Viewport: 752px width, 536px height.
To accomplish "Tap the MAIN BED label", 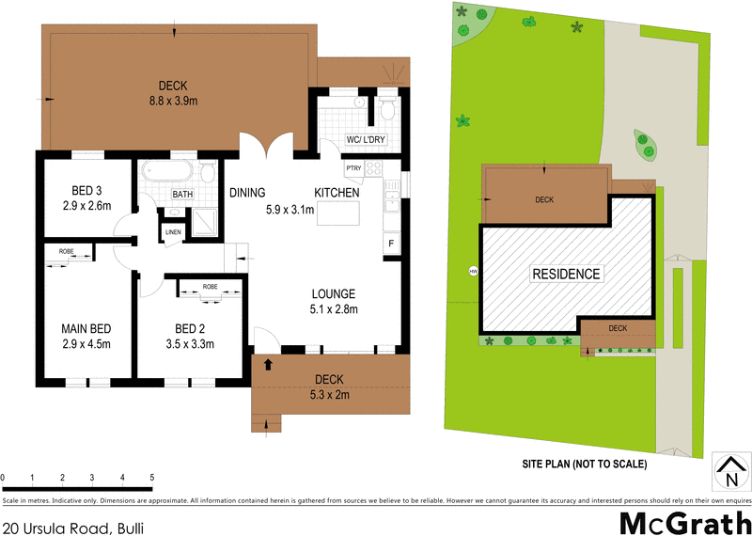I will (86, 328).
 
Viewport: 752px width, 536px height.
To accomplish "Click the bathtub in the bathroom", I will (169, 173).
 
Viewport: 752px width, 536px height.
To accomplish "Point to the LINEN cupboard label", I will (173, 231).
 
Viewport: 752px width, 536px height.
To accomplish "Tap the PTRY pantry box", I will (353, 169).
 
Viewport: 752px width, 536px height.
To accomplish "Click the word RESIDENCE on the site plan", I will (566, 274).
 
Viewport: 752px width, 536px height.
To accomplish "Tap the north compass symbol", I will (729, 470).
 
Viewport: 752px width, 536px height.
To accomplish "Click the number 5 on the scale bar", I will (151, 478).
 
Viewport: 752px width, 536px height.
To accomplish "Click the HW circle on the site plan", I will (473, 273).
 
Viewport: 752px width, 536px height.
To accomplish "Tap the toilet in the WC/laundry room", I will (386, 110).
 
